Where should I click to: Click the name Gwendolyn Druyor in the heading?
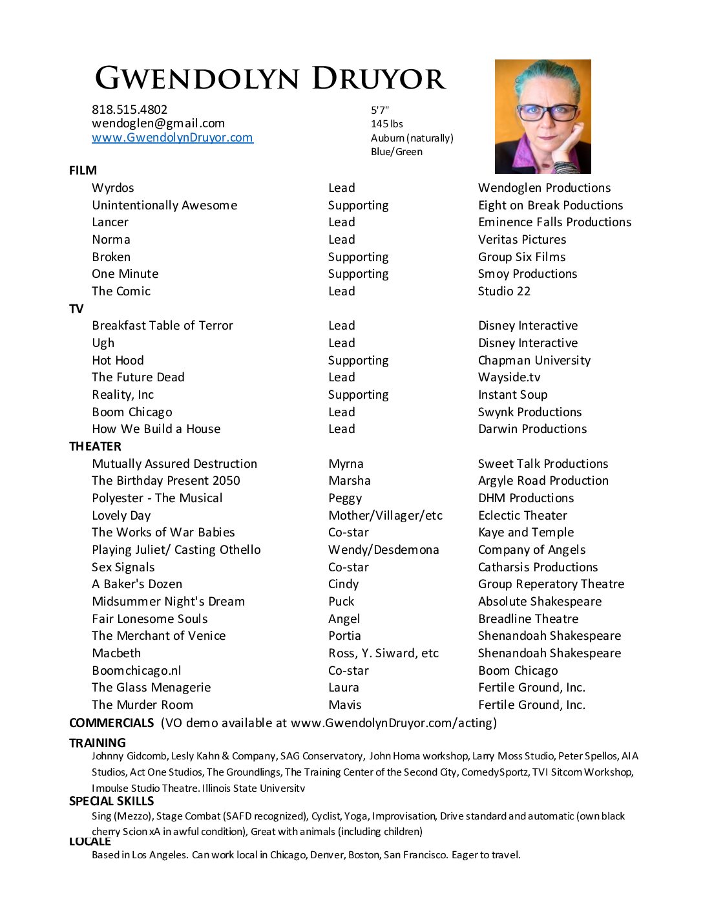point(270,79)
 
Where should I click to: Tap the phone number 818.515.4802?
point(129,110)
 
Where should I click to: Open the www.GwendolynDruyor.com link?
point(173,138)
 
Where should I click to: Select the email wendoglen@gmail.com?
point(158,123)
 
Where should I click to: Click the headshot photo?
point(543,116)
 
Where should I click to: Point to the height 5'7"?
point(380,111)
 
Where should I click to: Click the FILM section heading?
point(83,171)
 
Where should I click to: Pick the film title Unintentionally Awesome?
point(164,206)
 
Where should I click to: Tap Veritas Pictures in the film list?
point(522,240)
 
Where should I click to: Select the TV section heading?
point(76,309)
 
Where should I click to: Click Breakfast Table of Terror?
point(162,326)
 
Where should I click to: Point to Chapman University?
point(534,361)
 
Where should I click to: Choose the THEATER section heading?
point(95,447)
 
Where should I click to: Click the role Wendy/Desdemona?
point(383,550)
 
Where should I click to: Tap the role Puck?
point(341,602)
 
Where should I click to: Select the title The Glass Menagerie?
point(151,688)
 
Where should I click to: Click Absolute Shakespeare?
point(540,602)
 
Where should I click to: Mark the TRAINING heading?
point(98,743)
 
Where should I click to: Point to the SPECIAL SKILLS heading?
point(112,801)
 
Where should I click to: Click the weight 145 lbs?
point(386,124)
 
